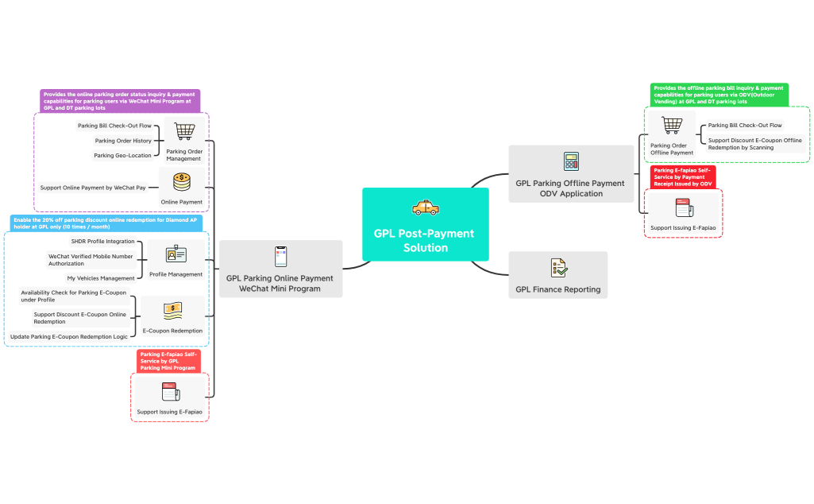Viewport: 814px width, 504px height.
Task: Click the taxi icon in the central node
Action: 425,208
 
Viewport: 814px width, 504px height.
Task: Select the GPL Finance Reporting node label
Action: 557,289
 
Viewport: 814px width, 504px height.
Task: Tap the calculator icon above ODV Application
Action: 571,161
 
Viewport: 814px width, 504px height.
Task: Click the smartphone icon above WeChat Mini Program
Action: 280,257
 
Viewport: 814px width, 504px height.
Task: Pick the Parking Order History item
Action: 123,141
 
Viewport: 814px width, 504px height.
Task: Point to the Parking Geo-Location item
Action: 122,155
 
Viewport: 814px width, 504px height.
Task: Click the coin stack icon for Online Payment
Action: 182,182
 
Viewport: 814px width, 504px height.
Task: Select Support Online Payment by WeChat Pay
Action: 93,188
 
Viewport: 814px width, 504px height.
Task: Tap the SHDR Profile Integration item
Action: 103,241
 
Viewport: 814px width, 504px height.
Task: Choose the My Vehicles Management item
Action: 101,278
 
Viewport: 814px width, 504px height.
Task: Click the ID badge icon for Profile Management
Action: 176,254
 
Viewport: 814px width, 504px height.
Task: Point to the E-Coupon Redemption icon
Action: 172,310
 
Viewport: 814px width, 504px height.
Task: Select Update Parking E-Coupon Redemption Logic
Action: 69,336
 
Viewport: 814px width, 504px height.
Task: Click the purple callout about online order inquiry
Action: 120,101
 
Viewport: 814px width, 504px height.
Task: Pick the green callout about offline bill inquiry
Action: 719,95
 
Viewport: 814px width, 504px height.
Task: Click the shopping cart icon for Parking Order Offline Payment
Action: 672,126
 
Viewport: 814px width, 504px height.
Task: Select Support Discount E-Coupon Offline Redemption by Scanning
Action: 754,144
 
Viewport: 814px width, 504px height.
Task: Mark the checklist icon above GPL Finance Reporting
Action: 559,267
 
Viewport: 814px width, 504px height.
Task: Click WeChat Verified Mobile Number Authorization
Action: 90,260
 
